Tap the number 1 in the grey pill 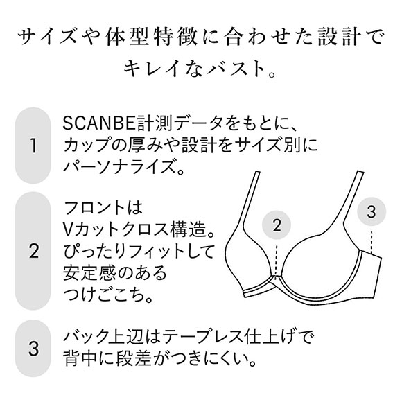point(32,146)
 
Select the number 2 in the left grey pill point(32,252)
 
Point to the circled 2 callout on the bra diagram point(277,225)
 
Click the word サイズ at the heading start point(53,35)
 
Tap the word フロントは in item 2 point(101,207)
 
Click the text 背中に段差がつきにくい point(160,360)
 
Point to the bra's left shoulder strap point(254,201)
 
